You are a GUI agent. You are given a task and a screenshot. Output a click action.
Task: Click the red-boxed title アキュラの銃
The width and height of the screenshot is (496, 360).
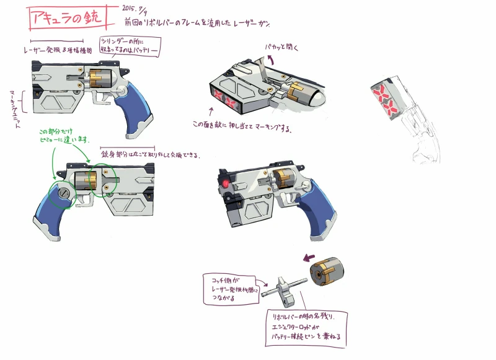68,18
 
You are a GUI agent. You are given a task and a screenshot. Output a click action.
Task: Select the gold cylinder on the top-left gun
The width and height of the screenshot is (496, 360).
99,78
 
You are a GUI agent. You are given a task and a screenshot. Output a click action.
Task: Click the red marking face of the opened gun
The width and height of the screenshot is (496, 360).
226,99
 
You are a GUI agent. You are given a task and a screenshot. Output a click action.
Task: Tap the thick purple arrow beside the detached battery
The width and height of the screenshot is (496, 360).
308,257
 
